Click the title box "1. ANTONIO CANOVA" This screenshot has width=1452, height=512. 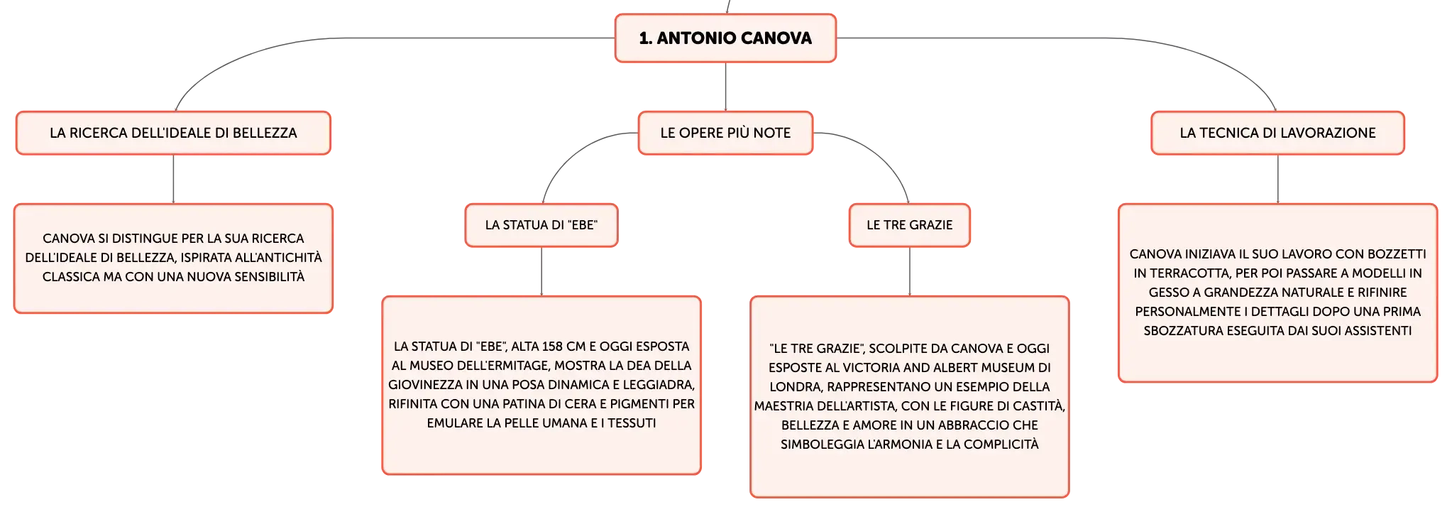pyautogui.click(x=725, y=38)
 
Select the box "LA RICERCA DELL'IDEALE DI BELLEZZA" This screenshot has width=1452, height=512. pyautogui.click(x=173, y=133)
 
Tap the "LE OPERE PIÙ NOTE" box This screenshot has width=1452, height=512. pyautogui.click(x=725, y=133)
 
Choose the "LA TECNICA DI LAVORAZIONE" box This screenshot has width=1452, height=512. pyautogui.click(x=1277, y=133)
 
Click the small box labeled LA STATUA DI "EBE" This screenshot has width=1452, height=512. pyautogui.click(x=541, y=225)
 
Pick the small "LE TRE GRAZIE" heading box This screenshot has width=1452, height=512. pyautogui.click(x=910, y=225)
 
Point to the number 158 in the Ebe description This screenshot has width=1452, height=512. pyautogui.click(x=552, y=347)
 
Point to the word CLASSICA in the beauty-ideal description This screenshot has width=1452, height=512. pyautogui.click(x=71, y=277)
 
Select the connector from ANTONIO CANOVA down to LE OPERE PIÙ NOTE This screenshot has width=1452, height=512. pyautogui.click(x=725, y=87)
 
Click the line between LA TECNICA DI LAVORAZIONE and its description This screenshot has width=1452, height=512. pyautogui.click(x=1277, y=179)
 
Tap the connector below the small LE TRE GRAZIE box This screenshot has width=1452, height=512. pyautogui.click(x=910, y=271)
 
